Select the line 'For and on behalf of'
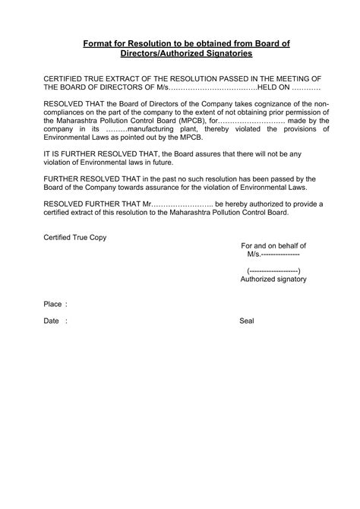coord(273,246)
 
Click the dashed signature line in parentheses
coord(273,270)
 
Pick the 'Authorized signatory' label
coord(273,280)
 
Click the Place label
coord(53,304)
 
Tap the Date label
coord(52,321)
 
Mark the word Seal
coord(247,321)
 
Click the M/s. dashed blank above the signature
coord(273,255)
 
